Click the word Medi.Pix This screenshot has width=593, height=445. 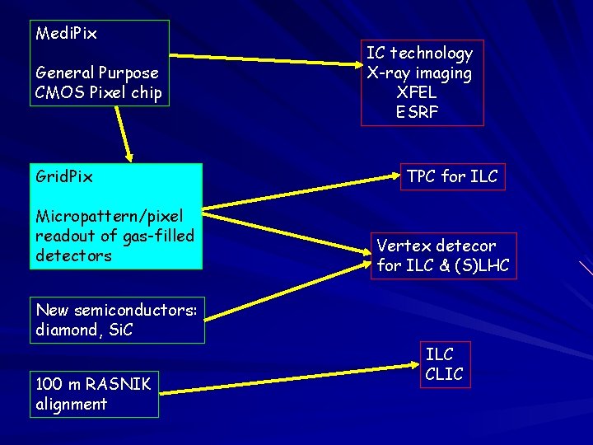coord(67,34)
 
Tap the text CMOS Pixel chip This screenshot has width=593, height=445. coord(99,92)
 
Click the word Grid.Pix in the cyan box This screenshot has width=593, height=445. coord(64,176)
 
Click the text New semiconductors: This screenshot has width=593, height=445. coord(116,310)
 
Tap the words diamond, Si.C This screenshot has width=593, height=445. coord(85,330)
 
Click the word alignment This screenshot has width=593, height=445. coord(72,404)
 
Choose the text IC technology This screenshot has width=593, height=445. coord(420,54)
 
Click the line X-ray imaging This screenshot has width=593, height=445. coord(420,73)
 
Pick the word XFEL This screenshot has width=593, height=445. coord(417,92)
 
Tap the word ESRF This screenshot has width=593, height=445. coord(417,112)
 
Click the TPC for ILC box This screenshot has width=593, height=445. coord(452,176)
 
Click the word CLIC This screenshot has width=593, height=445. coord(444,374)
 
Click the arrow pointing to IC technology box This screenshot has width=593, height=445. coord(264,58)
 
